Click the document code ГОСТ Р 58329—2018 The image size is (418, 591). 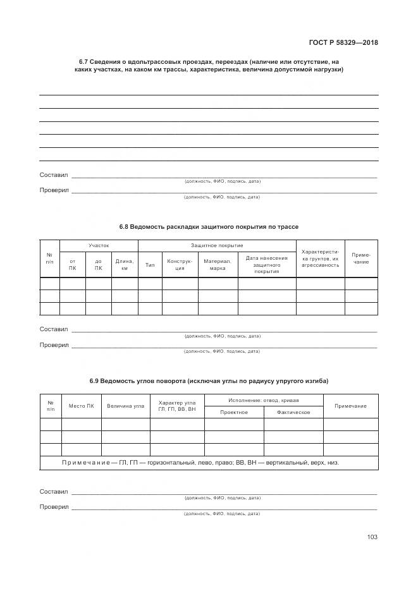(x=347, y=43)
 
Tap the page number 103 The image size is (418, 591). (x=372, y=537)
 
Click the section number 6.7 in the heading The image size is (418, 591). (x=83, y=61)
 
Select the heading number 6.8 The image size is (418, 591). (x=124, y=226)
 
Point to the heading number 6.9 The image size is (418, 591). (x=95, y=381)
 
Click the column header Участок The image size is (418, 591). (x=99, y=245)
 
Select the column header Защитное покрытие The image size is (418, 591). (x=217, y=245)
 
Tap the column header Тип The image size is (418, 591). (x=150, y=264)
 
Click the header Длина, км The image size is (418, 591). (x=125, y=264)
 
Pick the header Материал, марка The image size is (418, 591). (x=218, y=264)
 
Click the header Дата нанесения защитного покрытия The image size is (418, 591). (x=267, y=264)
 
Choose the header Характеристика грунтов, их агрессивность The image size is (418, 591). (x=320, y=258)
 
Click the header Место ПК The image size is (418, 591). (x=81, y=406)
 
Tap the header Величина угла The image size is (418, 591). (x=125, y=406)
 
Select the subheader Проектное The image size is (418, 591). (x=233, y=412)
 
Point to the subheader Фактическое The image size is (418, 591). (x=293, y=412)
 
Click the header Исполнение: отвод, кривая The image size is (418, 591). (x=264, y=400)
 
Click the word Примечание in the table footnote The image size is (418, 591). (x=85, y=462)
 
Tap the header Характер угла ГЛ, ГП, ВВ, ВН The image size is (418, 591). (x=177, y=406)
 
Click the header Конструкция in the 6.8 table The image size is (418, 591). (x=180, y=264)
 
